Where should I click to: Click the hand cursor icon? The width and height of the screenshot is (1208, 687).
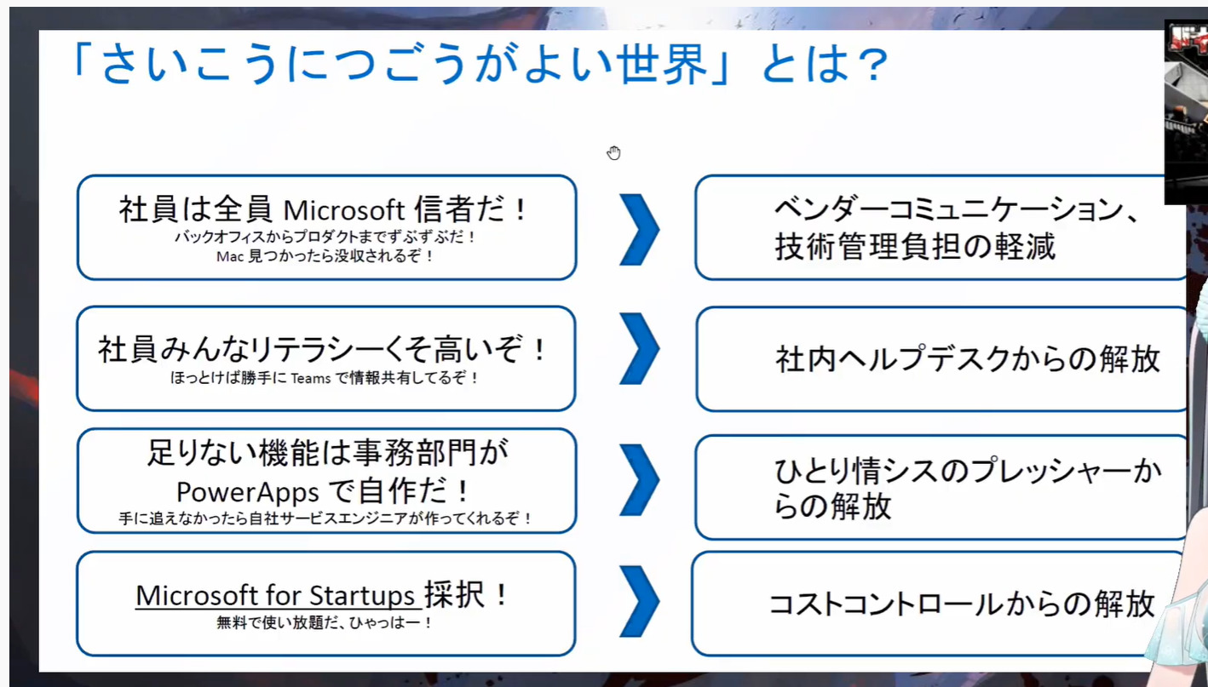(613, 153)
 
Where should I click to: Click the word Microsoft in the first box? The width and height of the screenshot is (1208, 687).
(344, 210)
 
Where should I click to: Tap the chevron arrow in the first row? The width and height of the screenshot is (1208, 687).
(639, 230)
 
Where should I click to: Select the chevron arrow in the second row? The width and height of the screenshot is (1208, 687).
(639, 349)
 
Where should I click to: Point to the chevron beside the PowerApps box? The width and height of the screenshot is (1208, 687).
(639, 479)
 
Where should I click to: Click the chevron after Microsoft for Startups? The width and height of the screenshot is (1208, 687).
(639, 601)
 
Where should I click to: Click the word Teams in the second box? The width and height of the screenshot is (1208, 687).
(311, 378)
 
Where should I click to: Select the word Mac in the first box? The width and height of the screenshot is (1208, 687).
(230, 256)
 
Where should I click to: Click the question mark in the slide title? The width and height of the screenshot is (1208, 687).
(871, 65)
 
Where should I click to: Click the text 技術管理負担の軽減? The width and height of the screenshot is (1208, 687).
(915, 247)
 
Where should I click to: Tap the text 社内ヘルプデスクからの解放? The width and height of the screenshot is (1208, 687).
(968, 359)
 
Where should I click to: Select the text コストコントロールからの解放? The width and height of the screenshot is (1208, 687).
(962, 604)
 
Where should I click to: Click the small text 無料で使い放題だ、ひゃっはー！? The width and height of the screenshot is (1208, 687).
(325, 623)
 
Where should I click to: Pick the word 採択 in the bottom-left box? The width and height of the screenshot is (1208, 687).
(454, 595)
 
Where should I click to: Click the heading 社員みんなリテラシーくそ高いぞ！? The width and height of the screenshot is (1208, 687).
(324, 349)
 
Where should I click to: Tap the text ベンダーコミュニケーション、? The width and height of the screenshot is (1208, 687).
(958, 209)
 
